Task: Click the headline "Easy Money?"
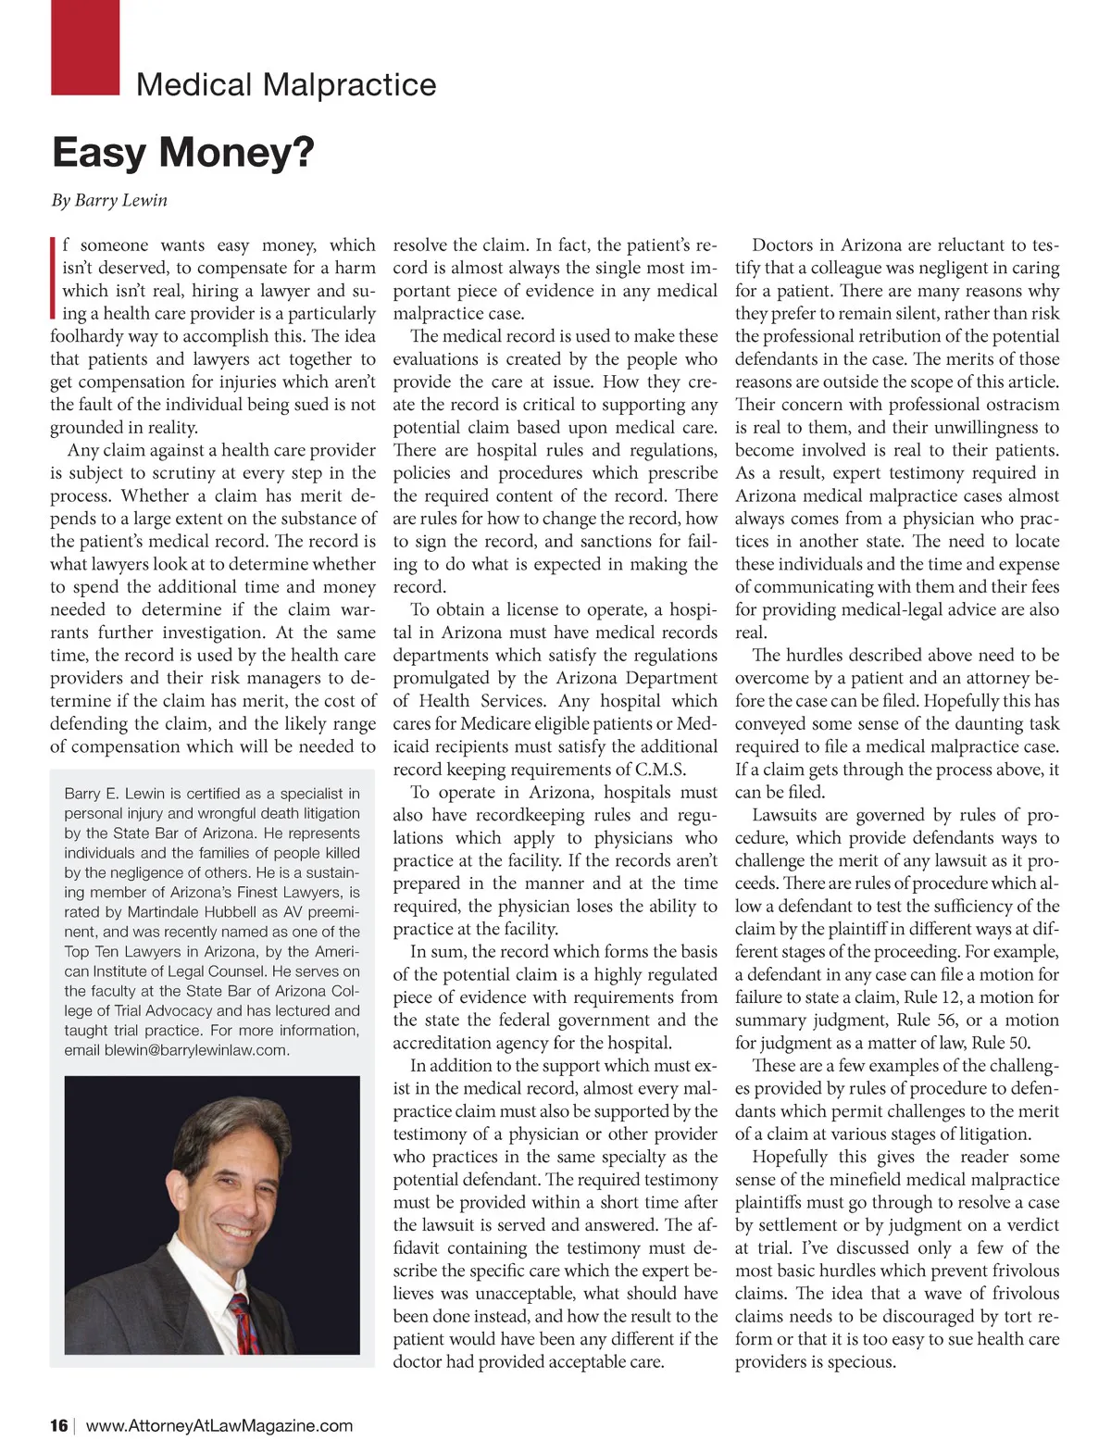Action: pyautogui.click(x=183, y=153)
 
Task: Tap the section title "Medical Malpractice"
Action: pyautogui.click(x=286, y=85)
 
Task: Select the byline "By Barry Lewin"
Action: pyautogui.click(x=109, y=200)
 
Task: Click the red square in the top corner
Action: pyautogui.click(x=85, y=46)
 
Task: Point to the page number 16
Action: pyautogui.click(x=59, y=1425)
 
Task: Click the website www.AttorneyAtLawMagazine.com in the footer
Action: pyautogui.click(x=219, y=1425)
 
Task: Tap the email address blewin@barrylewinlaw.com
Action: pyautogui.click(x=197, y=1050)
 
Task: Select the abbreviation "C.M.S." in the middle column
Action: pyautogui.click(x=660, y=770)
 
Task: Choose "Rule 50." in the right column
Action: pyautogui.click(x=1001, y=1043)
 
